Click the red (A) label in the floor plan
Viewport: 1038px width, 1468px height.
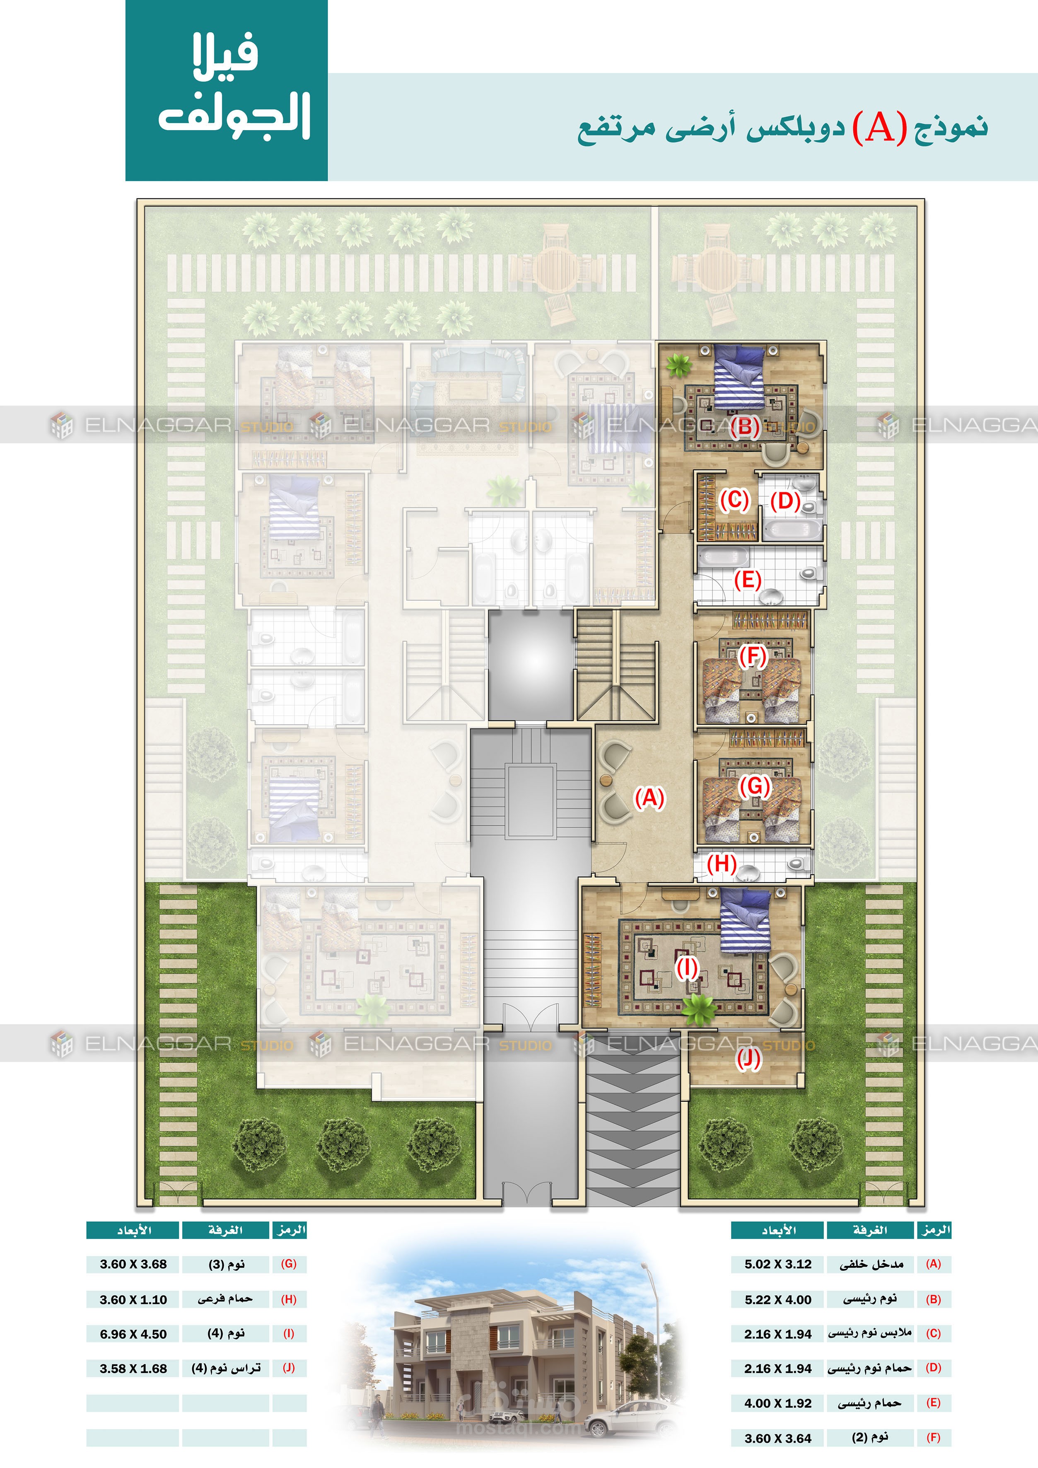click(649, 798)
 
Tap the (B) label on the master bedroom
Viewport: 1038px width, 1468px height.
click(745, 426)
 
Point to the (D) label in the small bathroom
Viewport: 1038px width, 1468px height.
click(785, 501)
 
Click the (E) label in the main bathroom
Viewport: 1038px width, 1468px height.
click(747, 580)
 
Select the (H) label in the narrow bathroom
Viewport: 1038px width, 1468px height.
click(722, 864)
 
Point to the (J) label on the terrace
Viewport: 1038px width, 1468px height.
click(748, 1059)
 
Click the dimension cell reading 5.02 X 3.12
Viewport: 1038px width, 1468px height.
click(778, 1264)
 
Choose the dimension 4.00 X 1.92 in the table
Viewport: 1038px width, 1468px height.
click(778, 1403)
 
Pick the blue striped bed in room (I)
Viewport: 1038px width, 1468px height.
click(745, 922)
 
